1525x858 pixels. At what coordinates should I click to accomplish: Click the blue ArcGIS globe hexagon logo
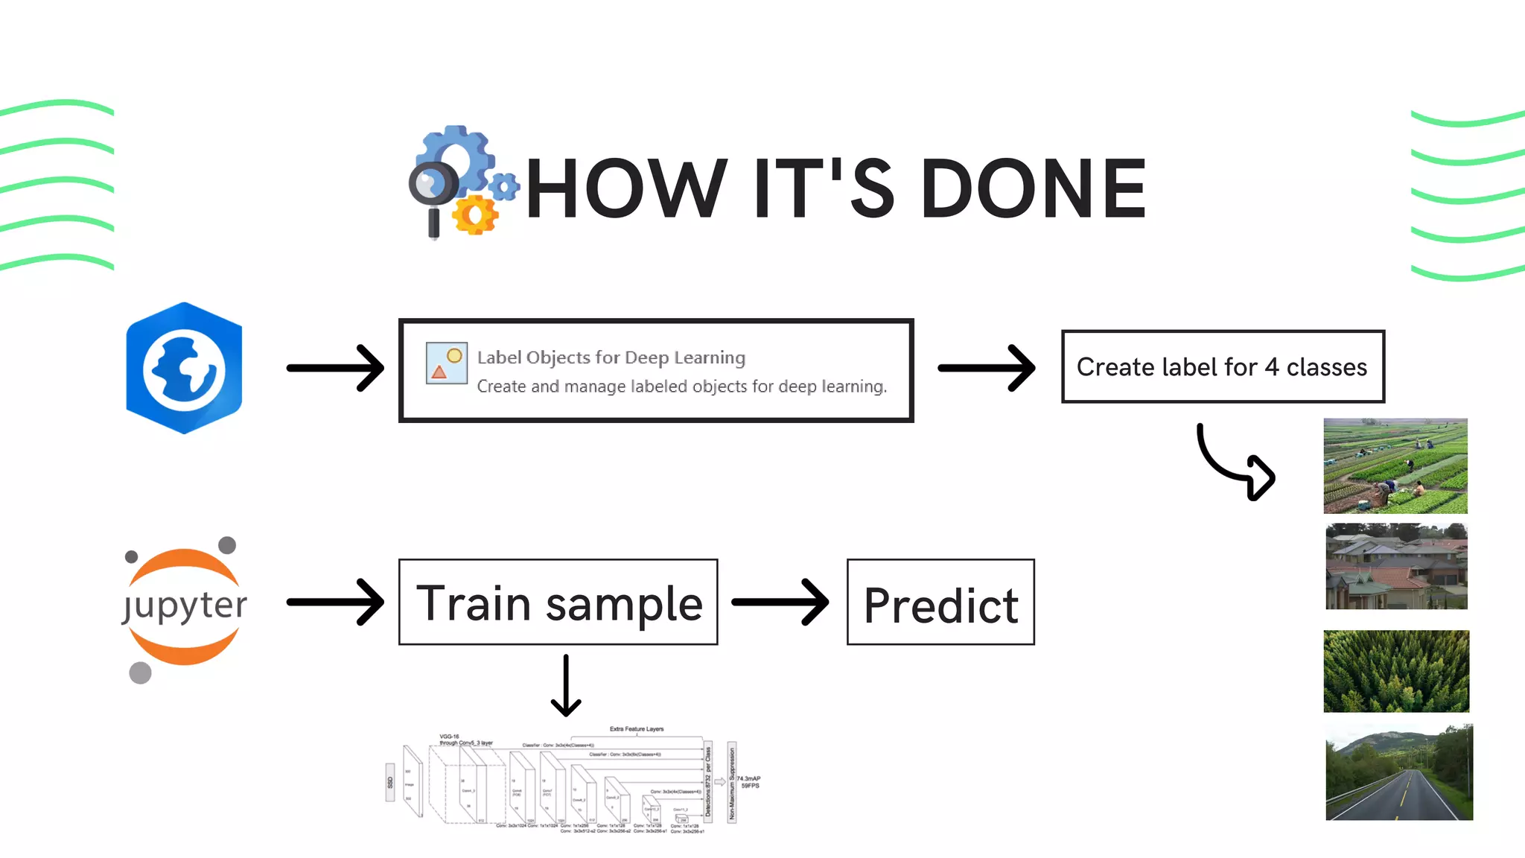[x=184, y=368]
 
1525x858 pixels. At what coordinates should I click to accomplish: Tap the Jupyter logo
[x=184, y=607]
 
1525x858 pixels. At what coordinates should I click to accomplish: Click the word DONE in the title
[x=1034, y=189]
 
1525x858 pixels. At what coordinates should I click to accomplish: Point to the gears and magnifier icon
[x=462, y=182]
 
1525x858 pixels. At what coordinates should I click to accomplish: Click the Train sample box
[x=558, y=602]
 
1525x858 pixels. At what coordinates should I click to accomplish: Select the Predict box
[x=940, y=602]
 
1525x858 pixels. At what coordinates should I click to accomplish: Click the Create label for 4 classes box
[x=1223, y=366]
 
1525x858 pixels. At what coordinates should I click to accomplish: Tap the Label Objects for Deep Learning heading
[x=611, y=357]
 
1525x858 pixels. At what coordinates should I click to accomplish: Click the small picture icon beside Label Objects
[x=446, y=363]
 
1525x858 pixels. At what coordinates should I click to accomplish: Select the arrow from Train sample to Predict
[x=780, y=602]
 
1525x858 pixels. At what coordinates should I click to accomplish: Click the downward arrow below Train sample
[x=566, y=685]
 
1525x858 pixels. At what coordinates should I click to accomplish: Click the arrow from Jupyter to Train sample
[x=335, y=602]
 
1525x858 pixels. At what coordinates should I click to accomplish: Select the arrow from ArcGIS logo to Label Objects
[x=335, y=368]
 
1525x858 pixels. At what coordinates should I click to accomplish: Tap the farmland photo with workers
[x=1395, y=465]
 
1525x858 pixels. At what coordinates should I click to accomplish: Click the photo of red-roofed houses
[x=1396, y=566]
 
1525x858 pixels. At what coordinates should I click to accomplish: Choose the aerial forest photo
[x=1396, y=671]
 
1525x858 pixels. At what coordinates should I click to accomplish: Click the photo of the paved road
[x=1398, y=772]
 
